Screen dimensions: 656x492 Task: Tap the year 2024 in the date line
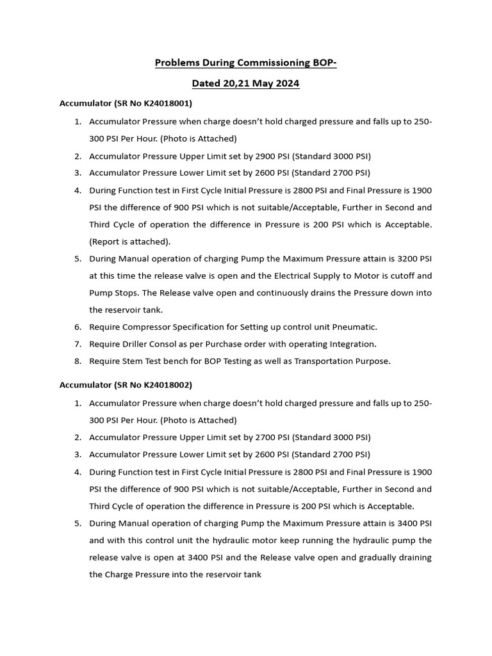286,84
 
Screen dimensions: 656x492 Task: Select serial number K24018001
165,102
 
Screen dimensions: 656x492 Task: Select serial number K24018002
165,385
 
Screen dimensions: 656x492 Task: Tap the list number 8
77,361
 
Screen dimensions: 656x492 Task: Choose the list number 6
77,327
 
